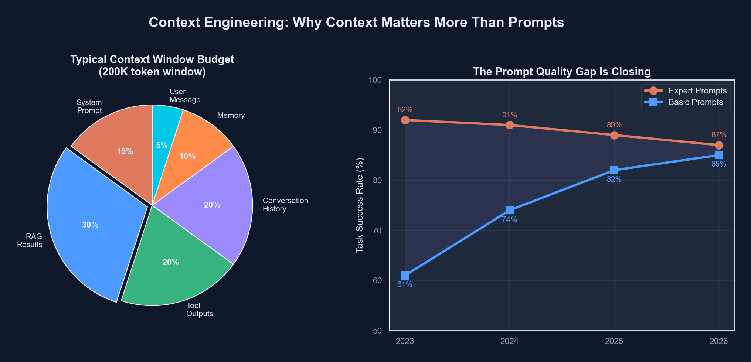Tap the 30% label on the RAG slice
tap(90, 225)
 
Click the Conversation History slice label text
tap(285, 205)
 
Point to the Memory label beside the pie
tap(231, 115)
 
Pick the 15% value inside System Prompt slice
tap(125, 151)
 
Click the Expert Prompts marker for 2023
tap(405, 120)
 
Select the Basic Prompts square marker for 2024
tap(509, 210)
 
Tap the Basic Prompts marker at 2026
tap(718, 155)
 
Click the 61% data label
tap(405, 284)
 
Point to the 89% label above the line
tap(614, 125)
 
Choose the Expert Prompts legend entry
tap(697, 90)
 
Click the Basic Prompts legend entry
tap(695, 102)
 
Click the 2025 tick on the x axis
tap(614, 341)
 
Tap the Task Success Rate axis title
tap(359, 205)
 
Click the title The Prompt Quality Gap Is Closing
tap(562, 71)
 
